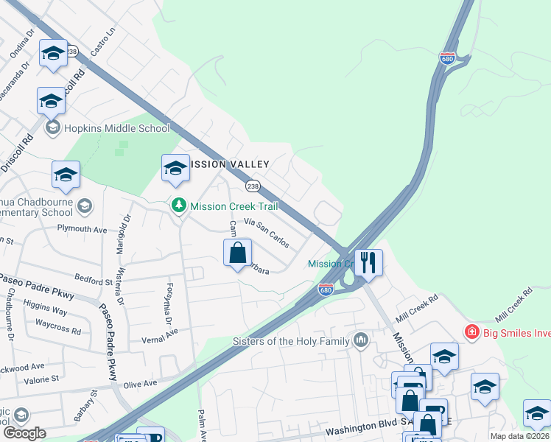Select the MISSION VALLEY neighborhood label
[x=230, y=164]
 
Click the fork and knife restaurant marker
[x=368, y=262]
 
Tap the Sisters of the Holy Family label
[x=292, y=340]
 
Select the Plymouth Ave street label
[x=83, y=229]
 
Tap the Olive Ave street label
[x=140, y=384]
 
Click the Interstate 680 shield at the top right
[x=447, y=58]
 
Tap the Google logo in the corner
[x=24, y=433]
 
